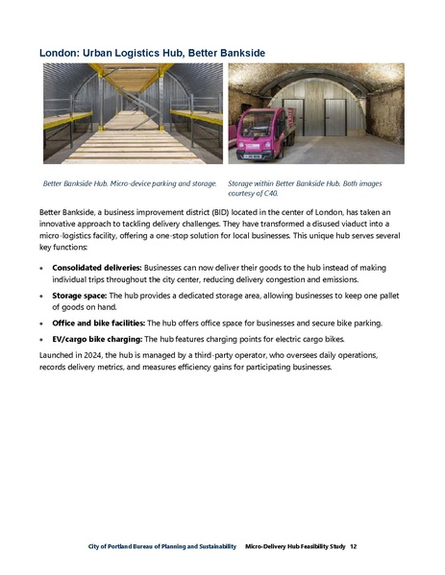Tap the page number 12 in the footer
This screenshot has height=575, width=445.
[354, 546]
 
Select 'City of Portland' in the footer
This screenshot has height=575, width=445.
[104, 546]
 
